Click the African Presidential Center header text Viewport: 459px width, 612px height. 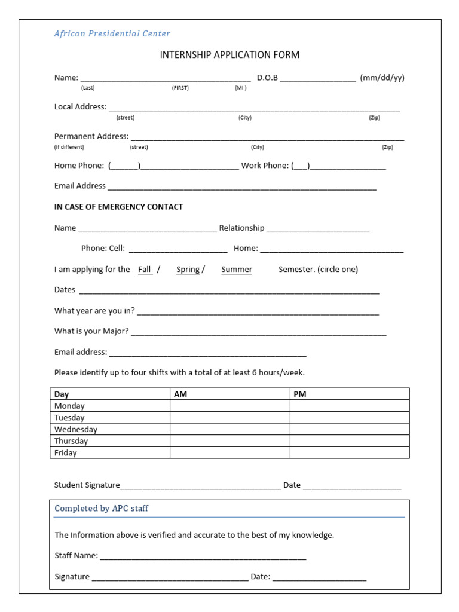(x=112, y=34)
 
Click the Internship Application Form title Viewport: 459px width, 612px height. (x=229, y=55)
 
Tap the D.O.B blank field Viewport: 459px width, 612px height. (x=318, y=78)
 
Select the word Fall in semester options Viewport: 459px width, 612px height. (x=145, y=270)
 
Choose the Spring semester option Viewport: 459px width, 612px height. (x=188, y=270)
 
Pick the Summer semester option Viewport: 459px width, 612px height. (x=237, y=270)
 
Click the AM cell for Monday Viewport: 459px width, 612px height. (x=229, y=406)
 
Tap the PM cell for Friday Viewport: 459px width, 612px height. (x=350, y=453)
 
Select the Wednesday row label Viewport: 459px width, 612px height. (x=76, y=429)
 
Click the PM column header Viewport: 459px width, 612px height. (x=300, y=394)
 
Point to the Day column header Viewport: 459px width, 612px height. (x=62, y=394)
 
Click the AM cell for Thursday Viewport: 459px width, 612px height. (x=229, y=441)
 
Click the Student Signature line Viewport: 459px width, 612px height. (x=200, y=486)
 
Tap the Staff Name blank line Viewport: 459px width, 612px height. (x=203, y=556)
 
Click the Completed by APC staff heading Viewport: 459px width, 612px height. (x=102, y=509)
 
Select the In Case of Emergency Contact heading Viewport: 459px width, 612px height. (x=118, y=207)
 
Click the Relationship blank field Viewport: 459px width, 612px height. (x=318, y=228)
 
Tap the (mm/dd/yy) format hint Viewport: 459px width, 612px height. (x=382, y=78)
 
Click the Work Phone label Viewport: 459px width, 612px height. (x=265, y=166)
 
